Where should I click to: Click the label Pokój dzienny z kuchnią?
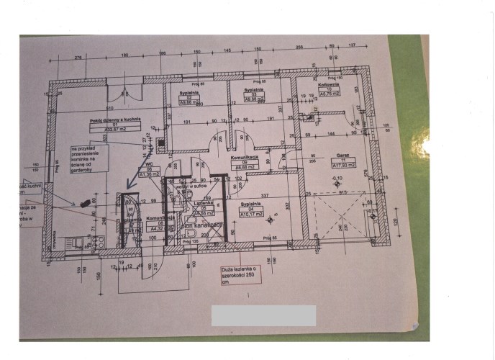pyautogui.click(x=115, y=120)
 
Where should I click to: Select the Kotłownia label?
pyautogui.click(x=329, y=85)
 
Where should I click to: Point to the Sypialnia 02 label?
pyautogui.click(x=189, y=94)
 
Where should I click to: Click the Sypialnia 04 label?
pyautogui.click(x=251, y=204)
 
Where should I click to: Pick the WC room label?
pyautogui.click(x=150, y=164)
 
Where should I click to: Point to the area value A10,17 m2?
pyautogui.click(x=251, y=215)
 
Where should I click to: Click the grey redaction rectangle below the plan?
pyautogui.click(x=263, y=315)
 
